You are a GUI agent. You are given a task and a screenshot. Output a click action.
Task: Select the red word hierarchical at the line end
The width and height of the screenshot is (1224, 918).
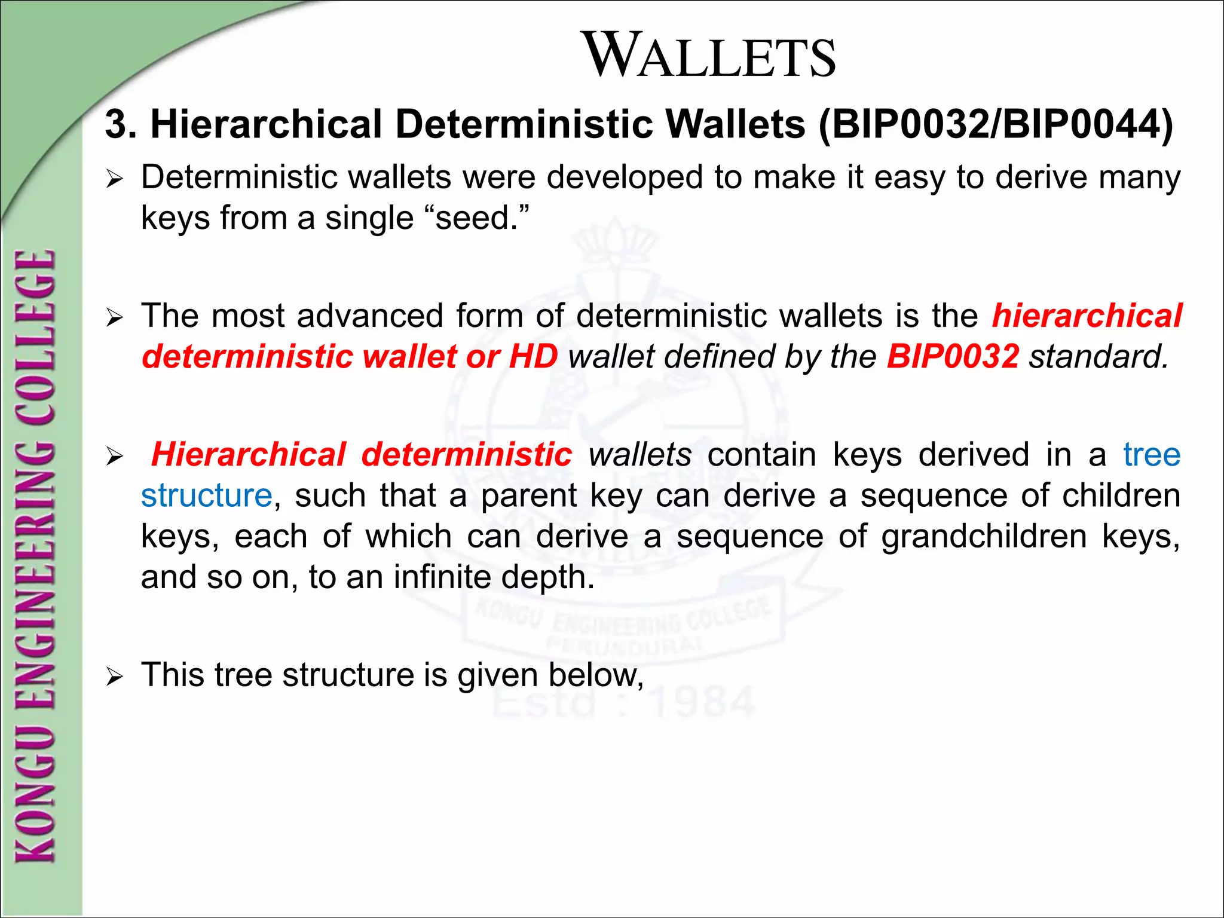[x=1087, y=316]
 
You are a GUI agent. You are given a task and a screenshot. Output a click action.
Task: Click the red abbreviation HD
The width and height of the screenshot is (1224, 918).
[x=533, y=357]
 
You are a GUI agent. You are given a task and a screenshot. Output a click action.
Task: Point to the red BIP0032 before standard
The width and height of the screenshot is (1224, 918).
[x=953, y=357]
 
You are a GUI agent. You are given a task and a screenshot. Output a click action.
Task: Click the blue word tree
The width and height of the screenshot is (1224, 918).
[x=1152, y=455]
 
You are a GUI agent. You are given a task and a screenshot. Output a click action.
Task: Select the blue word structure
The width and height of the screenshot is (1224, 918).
[x=207, y=496]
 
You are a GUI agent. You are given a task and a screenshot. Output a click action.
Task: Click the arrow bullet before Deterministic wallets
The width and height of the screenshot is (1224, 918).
[x=114, y=179]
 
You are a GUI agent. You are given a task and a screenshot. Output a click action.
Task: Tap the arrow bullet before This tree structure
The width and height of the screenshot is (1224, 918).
[x=114, y=677]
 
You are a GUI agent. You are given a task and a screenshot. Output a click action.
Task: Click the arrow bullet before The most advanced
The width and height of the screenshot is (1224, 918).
[x=114, y=318]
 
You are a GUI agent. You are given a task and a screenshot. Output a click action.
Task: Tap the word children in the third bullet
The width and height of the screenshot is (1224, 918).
[x=1121, y=496]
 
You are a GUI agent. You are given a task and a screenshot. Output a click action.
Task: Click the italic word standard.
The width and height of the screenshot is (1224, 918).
[x=1098, y=357]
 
